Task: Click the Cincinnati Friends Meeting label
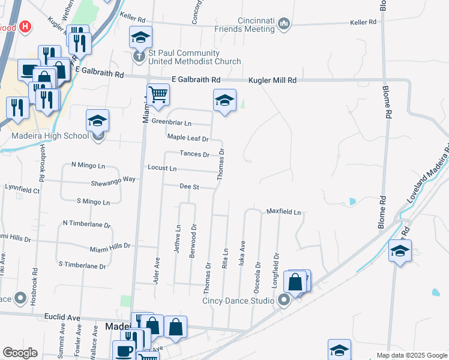tap(256, 25)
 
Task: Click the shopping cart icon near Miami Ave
tap(158, 94)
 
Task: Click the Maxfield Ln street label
tap(283, 212)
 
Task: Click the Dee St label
tap(189, 187)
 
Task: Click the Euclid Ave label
tap(62, 317)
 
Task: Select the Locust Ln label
tap(162, 169)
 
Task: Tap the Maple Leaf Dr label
tap(187, 138)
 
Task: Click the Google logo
tap(20, 353)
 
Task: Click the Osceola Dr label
tap(258, 272)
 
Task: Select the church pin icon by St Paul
tap(139, 56)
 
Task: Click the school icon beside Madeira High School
tap(97, 121)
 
